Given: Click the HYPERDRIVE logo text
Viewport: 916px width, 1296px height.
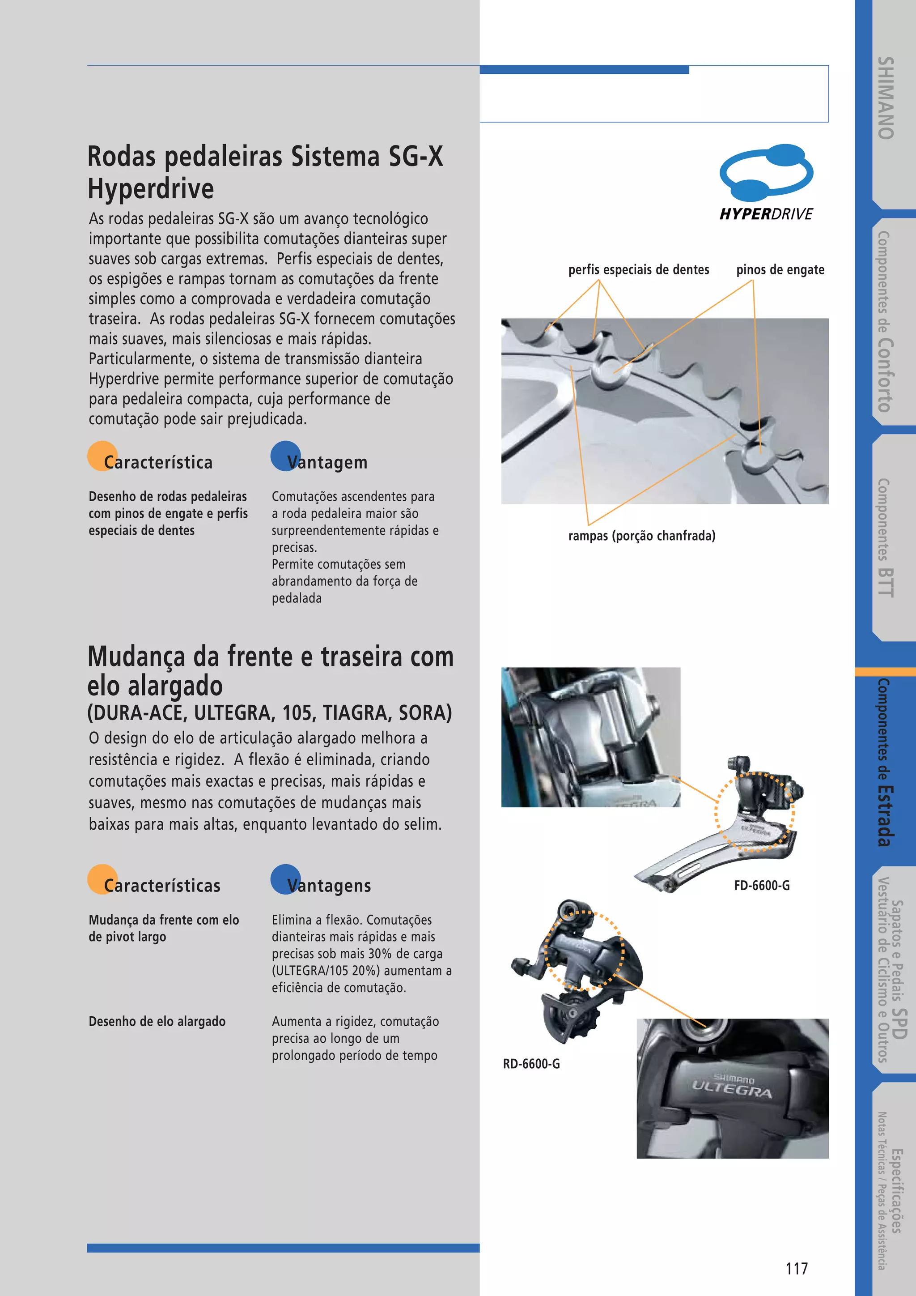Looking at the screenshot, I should (x=766, y=214).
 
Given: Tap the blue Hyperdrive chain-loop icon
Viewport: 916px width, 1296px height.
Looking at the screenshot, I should (x=766, y=173).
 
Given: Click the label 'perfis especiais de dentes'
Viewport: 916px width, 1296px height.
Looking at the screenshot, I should (x=639, y=270).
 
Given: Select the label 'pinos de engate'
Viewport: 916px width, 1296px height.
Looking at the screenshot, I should (x=780, y=270).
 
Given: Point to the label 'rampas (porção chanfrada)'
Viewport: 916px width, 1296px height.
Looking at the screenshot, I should (x=641, y=536).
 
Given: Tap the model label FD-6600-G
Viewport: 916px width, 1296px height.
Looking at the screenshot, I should (x=761, y=886).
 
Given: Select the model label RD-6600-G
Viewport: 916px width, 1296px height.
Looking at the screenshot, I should (x=531, y=1064).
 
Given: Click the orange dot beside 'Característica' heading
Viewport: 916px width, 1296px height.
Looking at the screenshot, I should (x=102, y=456).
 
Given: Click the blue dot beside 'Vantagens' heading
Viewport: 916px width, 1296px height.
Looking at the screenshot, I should (x=285, y=879).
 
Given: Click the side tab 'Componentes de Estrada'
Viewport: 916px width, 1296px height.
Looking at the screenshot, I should (x=884, y=762).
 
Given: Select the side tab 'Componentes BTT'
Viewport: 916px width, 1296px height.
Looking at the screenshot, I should (x=884, y=537).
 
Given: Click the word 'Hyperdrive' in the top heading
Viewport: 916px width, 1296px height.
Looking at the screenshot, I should (x=151, y=188).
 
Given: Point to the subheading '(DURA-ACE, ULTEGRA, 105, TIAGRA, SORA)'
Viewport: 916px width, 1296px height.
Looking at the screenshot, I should (x=270, y=713).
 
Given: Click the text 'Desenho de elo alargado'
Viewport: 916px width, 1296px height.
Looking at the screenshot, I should (x=157, y=1022).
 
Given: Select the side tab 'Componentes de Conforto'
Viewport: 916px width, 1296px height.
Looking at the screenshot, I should (x=884, y=322).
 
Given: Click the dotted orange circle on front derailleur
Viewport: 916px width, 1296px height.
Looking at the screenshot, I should (x=755, y=812).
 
